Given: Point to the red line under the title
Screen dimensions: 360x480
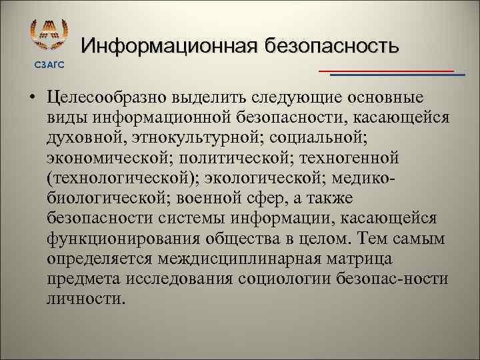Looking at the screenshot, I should (386, 70).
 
